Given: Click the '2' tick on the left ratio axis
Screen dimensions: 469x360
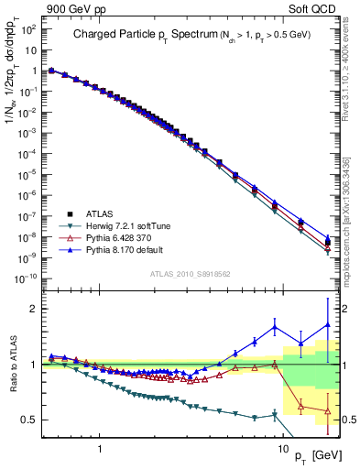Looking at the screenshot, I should click(35, 309).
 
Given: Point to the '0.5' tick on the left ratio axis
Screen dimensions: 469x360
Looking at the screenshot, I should click(31, 420).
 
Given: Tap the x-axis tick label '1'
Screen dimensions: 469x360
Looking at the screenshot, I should click(99, 451).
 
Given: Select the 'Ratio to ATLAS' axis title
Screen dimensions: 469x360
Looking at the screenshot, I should click(11, 365).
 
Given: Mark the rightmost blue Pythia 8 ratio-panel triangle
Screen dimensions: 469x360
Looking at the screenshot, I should click(328, 324).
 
